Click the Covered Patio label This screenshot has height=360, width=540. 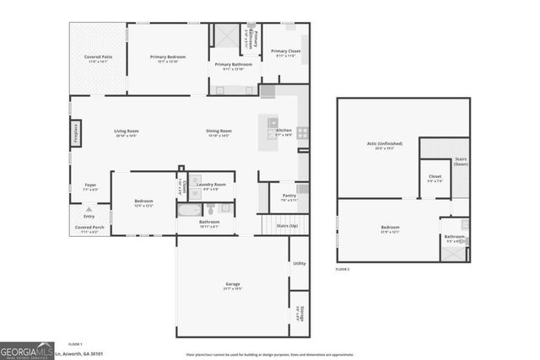97,59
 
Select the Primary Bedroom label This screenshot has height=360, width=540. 168,58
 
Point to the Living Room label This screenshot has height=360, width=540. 127,132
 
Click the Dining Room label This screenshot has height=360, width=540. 219,132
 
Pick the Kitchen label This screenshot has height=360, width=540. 283,132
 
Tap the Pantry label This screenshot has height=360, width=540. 289,196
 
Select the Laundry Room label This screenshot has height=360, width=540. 214,185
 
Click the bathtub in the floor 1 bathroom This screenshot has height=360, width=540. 189,210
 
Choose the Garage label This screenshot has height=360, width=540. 233,286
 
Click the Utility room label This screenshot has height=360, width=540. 299,264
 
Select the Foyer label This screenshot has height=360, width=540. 90,186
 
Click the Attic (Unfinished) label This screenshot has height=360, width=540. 385,145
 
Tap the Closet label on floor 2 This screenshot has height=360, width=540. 435,178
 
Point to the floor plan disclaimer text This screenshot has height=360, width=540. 269,354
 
